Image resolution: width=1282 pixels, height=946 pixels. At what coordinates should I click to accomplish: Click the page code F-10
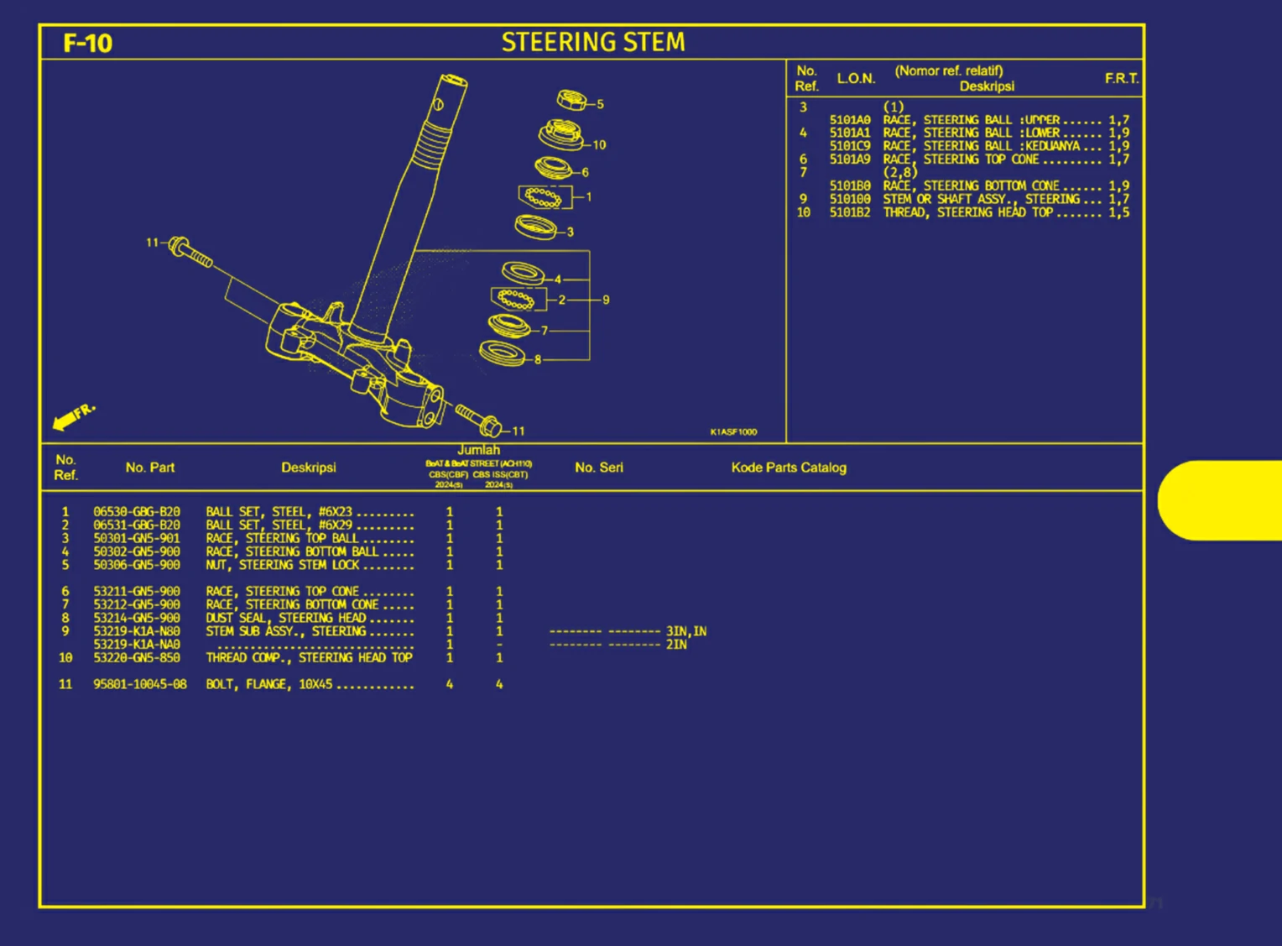pyautogui.click(x=87, y=43)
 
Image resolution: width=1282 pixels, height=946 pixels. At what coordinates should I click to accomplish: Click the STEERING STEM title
pyautogui.click(x=593, y=42)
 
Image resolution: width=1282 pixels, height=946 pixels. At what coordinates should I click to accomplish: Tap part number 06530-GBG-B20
pyautogui.click(x=137, y=512)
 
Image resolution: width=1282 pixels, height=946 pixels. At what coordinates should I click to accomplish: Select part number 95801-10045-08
pyautogui.click(x=140, y=685)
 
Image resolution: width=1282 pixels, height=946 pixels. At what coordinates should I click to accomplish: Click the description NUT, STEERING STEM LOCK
pyautogui.click(x=283, y=565)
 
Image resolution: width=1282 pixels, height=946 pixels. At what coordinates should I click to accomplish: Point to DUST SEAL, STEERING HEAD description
pyautogui.click(x=286, y=618)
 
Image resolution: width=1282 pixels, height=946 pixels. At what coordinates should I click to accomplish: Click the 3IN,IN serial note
pyautogui.click(x=686, y=631)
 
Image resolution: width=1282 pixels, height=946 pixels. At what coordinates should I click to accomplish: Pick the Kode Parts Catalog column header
pyautogui.click(x=789, y=468)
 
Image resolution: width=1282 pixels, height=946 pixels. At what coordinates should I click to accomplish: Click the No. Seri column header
pyautogui.click(x=599, y=468)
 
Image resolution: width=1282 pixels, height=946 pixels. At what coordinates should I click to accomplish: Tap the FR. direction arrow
pyautogui.click(x=72, y=416)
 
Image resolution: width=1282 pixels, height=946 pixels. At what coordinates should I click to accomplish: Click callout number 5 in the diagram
pyautogui.click(x=601, y=105)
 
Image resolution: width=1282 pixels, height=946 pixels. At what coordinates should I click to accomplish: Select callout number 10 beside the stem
pyautogui.click(x=599, y=145)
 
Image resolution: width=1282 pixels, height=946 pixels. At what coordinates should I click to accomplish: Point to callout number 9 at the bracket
pyautogui.click(x=606, y=300)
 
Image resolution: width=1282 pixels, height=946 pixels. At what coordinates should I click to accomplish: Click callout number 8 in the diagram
pyautogui.click(x=538, y=359)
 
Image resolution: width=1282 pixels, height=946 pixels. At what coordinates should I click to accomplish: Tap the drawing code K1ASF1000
pyautogui.click(x=733, y=432)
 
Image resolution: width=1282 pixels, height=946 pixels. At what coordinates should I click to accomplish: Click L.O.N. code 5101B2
pyautogui.click(x=850, y=213)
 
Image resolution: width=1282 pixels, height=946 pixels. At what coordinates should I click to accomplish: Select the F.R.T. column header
pyautogui.click(x=1122, y=78)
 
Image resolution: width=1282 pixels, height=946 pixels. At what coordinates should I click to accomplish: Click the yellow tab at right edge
pyautogui.click(x=1221, y=500)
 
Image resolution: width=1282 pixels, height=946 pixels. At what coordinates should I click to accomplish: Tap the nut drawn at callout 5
pyautogui.click(x=572, y=101)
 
